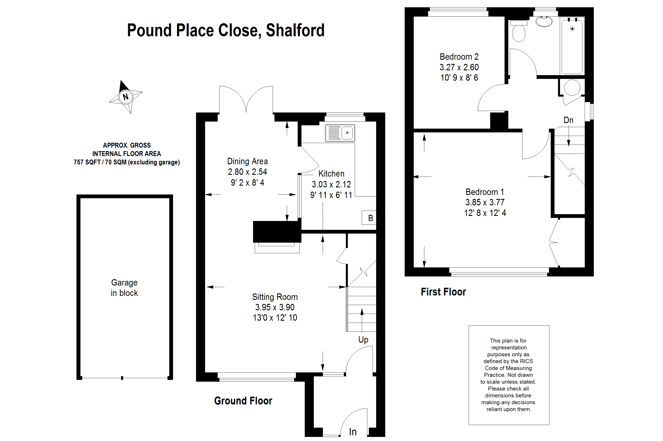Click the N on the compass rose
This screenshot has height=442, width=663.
[x=126, y=97]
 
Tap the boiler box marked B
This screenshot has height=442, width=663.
[x=369, y=218]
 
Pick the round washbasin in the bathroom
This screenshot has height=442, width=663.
[x=544, y=21]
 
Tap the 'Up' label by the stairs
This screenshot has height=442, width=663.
[x=363, y=340]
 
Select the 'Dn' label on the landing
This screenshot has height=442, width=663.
[x=568, y=120]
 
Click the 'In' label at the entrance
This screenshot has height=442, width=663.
[x=353, y=432]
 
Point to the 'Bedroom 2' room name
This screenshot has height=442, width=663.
[x=459, y=57]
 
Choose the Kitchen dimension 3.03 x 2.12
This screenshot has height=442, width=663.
[x=331, y=184]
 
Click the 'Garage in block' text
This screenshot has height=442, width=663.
[x=124, y=288]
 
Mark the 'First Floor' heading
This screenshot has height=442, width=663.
[x=443, y=292]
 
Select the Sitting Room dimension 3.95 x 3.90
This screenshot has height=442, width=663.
[x=275, y=307]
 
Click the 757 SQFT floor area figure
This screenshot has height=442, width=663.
[x=87, y=162]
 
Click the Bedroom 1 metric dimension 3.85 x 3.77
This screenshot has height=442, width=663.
[x=485, y=202]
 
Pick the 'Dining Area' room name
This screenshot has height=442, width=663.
[x=247, y=161]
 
